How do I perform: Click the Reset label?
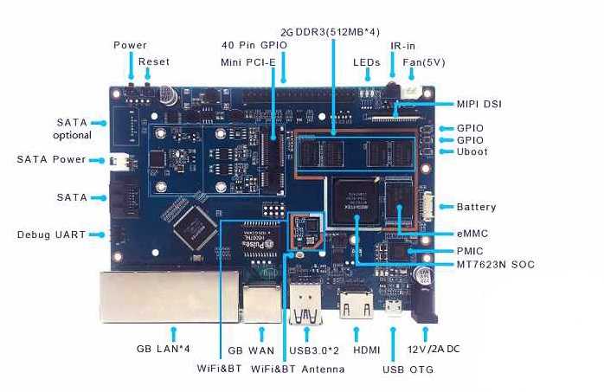tap(154, 61)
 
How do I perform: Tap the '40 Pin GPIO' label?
tap(254, 45)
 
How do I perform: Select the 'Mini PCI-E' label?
tap(248, 62)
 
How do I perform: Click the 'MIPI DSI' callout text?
tap(479, 104)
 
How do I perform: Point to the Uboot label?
tap(472, 151)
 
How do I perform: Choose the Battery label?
tap(476, 207)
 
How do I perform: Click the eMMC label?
tap(472, 234)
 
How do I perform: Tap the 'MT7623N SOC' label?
tap(495, 265)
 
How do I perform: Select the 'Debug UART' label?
tap(51, 235)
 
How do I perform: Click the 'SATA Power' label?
tap(51, 159)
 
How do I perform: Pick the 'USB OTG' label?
tap(408, 370)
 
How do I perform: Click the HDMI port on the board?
tap(357, 305)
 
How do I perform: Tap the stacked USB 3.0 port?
tap(305, 305)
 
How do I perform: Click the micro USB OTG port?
tap(394, 307)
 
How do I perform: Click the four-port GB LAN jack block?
tap(170, 297)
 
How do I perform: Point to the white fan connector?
tap(410, 93)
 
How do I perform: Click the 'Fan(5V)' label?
tap(424, 62)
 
